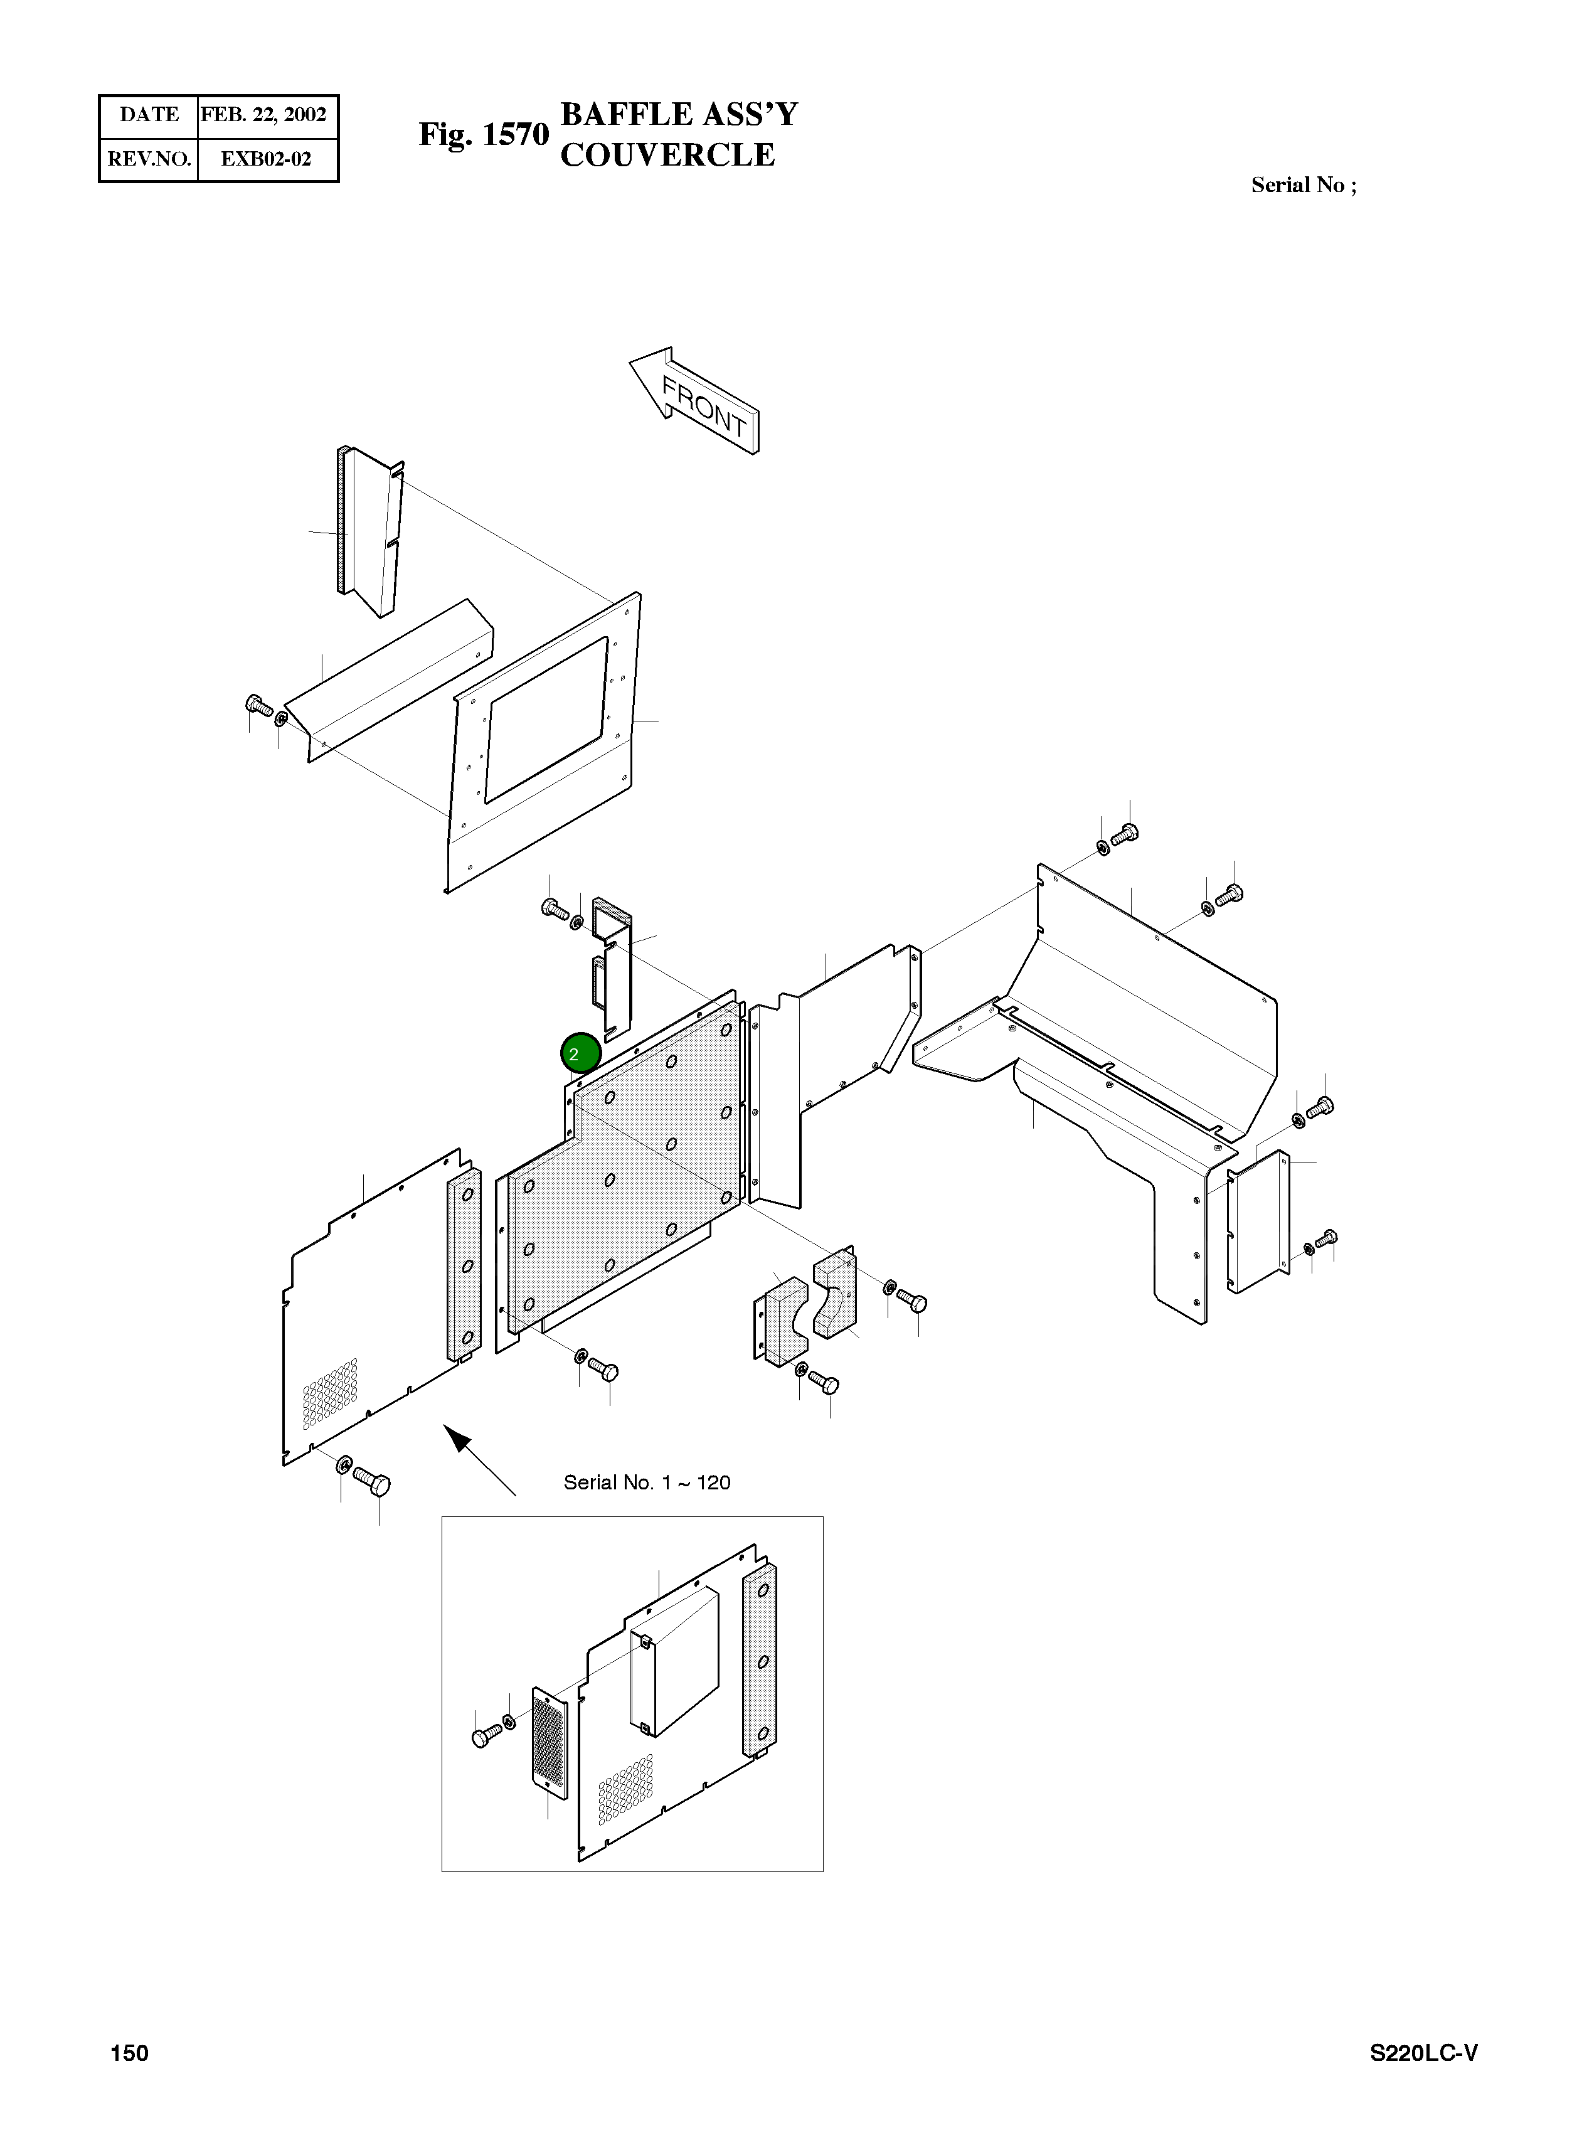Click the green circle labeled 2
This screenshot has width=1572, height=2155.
pyautogui.click(x=580, y=1053)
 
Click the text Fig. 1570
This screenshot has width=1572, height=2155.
pyautogui.click(x=484, y=135)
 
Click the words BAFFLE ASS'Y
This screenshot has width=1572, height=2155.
pyautogui.click(x=679, y=114)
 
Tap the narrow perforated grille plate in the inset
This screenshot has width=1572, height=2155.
pyautogui.click(x=548, y=1744)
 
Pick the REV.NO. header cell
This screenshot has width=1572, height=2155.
pyautogui.click(x=149, y=159)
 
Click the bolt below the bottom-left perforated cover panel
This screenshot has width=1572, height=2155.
pyautogui.click(x=372, y=1481)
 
